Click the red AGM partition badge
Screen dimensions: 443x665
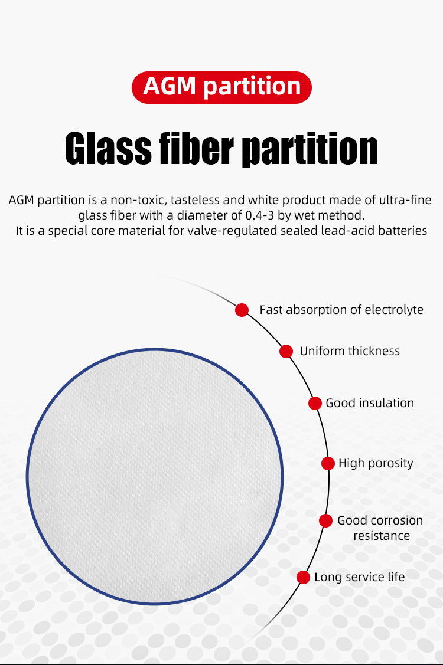click(221, 87)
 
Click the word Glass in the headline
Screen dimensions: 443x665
click(108, 148)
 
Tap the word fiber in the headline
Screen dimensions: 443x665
click(196, 148)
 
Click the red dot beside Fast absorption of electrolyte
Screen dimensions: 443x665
click(242, 310)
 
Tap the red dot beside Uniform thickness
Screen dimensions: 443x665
click(286, 351)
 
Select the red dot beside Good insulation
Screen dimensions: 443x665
click(315, 404)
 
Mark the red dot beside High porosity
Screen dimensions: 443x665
click(328, 464)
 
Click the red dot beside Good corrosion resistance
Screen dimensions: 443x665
click(325, 521)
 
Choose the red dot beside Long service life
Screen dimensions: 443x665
click(303, 577)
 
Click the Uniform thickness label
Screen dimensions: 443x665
click(350, 351)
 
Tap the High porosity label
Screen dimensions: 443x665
click(376, 464)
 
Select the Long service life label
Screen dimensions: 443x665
click(359, 577)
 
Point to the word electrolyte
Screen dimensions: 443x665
click(394, 310)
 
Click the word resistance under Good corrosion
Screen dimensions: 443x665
click(382, 536)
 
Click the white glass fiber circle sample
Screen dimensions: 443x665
click(154, 476)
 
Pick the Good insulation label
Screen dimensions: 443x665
click(370, 403)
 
